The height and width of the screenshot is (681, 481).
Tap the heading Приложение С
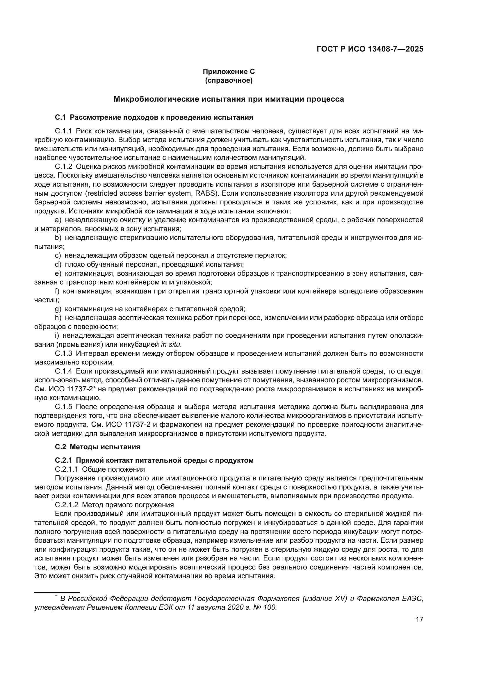(x=229, y=72)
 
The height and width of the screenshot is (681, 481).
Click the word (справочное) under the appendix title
(x=229, y=80)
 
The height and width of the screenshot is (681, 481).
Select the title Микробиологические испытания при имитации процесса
(x=229, y=99)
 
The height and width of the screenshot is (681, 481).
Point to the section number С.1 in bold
(x=60, y=117)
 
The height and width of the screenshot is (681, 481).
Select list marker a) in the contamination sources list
(x=58, y=220)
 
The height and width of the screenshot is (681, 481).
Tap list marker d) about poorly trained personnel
(x=58, y=264)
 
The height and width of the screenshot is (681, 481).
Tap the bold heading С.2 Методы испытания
(x=97, y=447)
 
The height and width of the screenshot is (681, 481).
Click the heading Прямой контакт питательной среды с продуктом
(x=165, y=460)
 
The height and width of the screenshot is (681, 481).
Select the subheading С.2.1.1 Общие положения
(x=100, y=469)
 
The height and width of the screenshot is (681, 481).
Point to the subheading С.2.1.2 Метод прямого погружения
(x=114, y=505)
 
